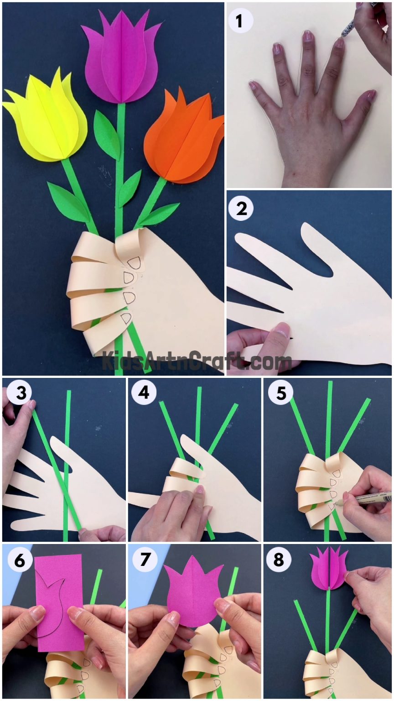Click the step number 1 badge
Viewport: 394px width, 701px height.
tap(240, 21)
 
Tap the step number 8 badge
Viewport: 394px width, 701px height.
tap(278, 560)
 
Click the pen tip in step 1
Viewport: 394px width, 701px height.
tap(343, 35)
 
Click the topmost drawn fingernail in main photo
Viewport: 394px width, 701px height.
tap(133, 264)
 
